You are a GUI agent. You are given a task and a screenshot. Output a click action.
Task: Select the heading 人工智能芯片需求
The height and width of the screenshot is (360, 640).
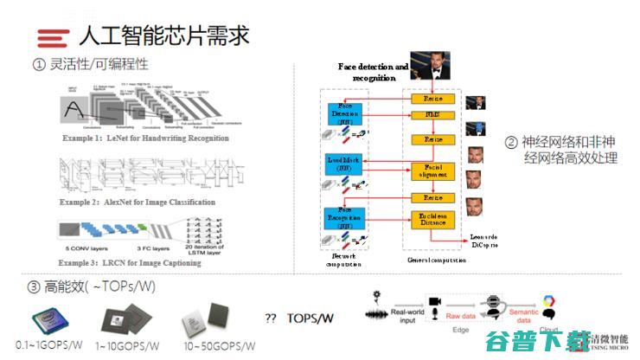pyautogui.click(x=163, y=35)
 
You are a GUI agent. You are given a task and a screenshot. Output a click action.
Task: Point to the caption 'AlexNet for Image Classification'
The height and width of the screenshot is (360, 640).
pyautogui.click(x=138, y=202)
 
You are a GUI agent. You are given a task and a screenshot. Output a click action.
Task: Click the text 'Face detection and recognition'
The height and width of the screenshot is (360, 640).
pyautogui.click(x=373, y=72)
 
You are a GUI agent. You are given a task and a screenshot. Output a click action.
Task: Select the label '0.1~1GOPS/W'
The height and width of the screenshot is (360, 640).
pyautogui.click(x=50, y=344)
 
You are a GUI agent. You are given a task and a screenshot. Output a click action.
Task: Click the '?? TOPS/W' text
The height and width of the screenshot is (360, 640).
pyautogui.click(x=298, y=318)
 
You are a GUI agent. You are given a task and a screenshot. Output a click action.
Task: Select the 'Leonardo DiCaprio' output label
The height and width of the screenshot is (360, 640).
pyautogui.click(x=483, y=241)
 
